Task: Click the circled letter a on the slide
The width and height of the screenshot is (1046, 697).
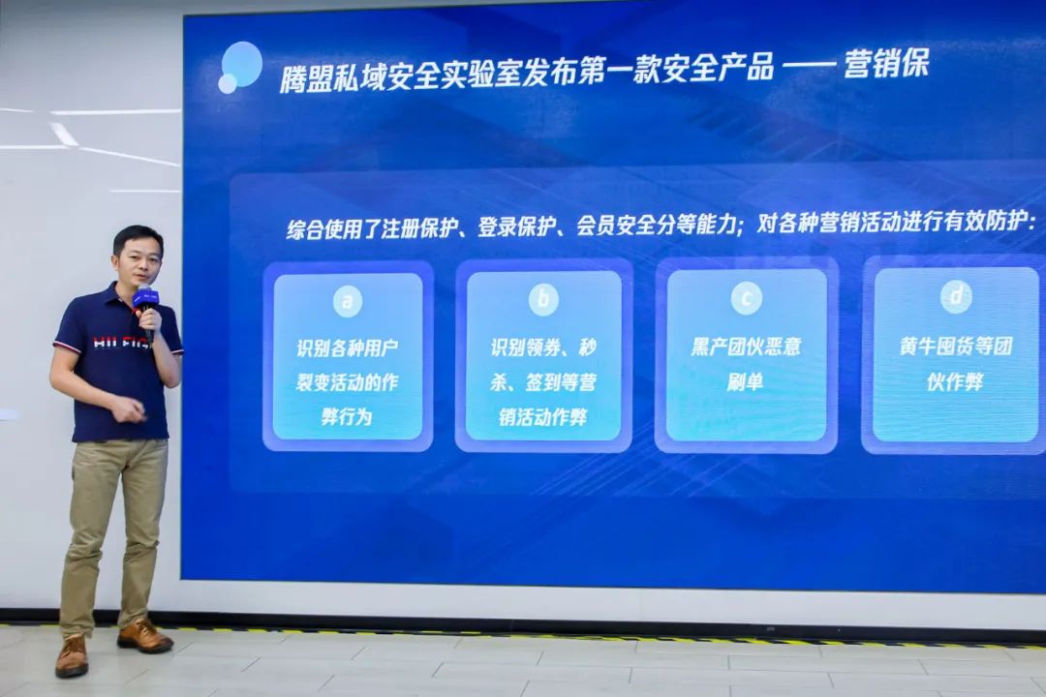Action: coord(348,301)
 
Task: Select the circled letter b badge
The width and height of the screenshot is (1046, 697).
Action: coord(543,299)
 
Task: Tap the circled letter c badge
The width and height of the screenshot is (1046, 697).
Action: coord(746,297)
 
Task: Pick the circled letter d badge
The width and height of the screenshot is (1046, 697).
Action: coord(956,296)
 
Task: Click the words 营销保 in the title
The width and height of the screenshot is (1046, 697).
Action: coord(886,64)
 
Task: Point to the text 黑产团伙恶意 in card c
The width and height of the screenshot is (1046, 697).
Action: coord(746,347)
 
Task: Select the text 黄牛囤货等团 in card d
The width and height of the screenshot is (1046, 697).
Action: coord(955,347)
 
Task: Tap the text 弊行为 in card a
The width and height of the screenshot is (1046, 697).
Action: coord(346,417)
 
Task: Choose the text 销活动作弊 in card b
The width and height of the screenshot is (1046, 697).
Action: coord(543,417)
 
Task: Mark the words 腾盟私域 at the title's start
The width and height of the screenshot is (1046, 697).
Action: coord(333,76)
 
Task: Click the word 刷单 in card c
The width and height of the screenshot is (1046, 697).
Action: coord(745,381)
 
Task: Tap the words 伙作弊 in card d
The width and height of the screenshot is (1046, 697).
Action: coord(955,381)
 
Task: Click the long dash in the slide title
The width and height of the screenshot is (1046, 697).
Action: coord(808,66)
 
